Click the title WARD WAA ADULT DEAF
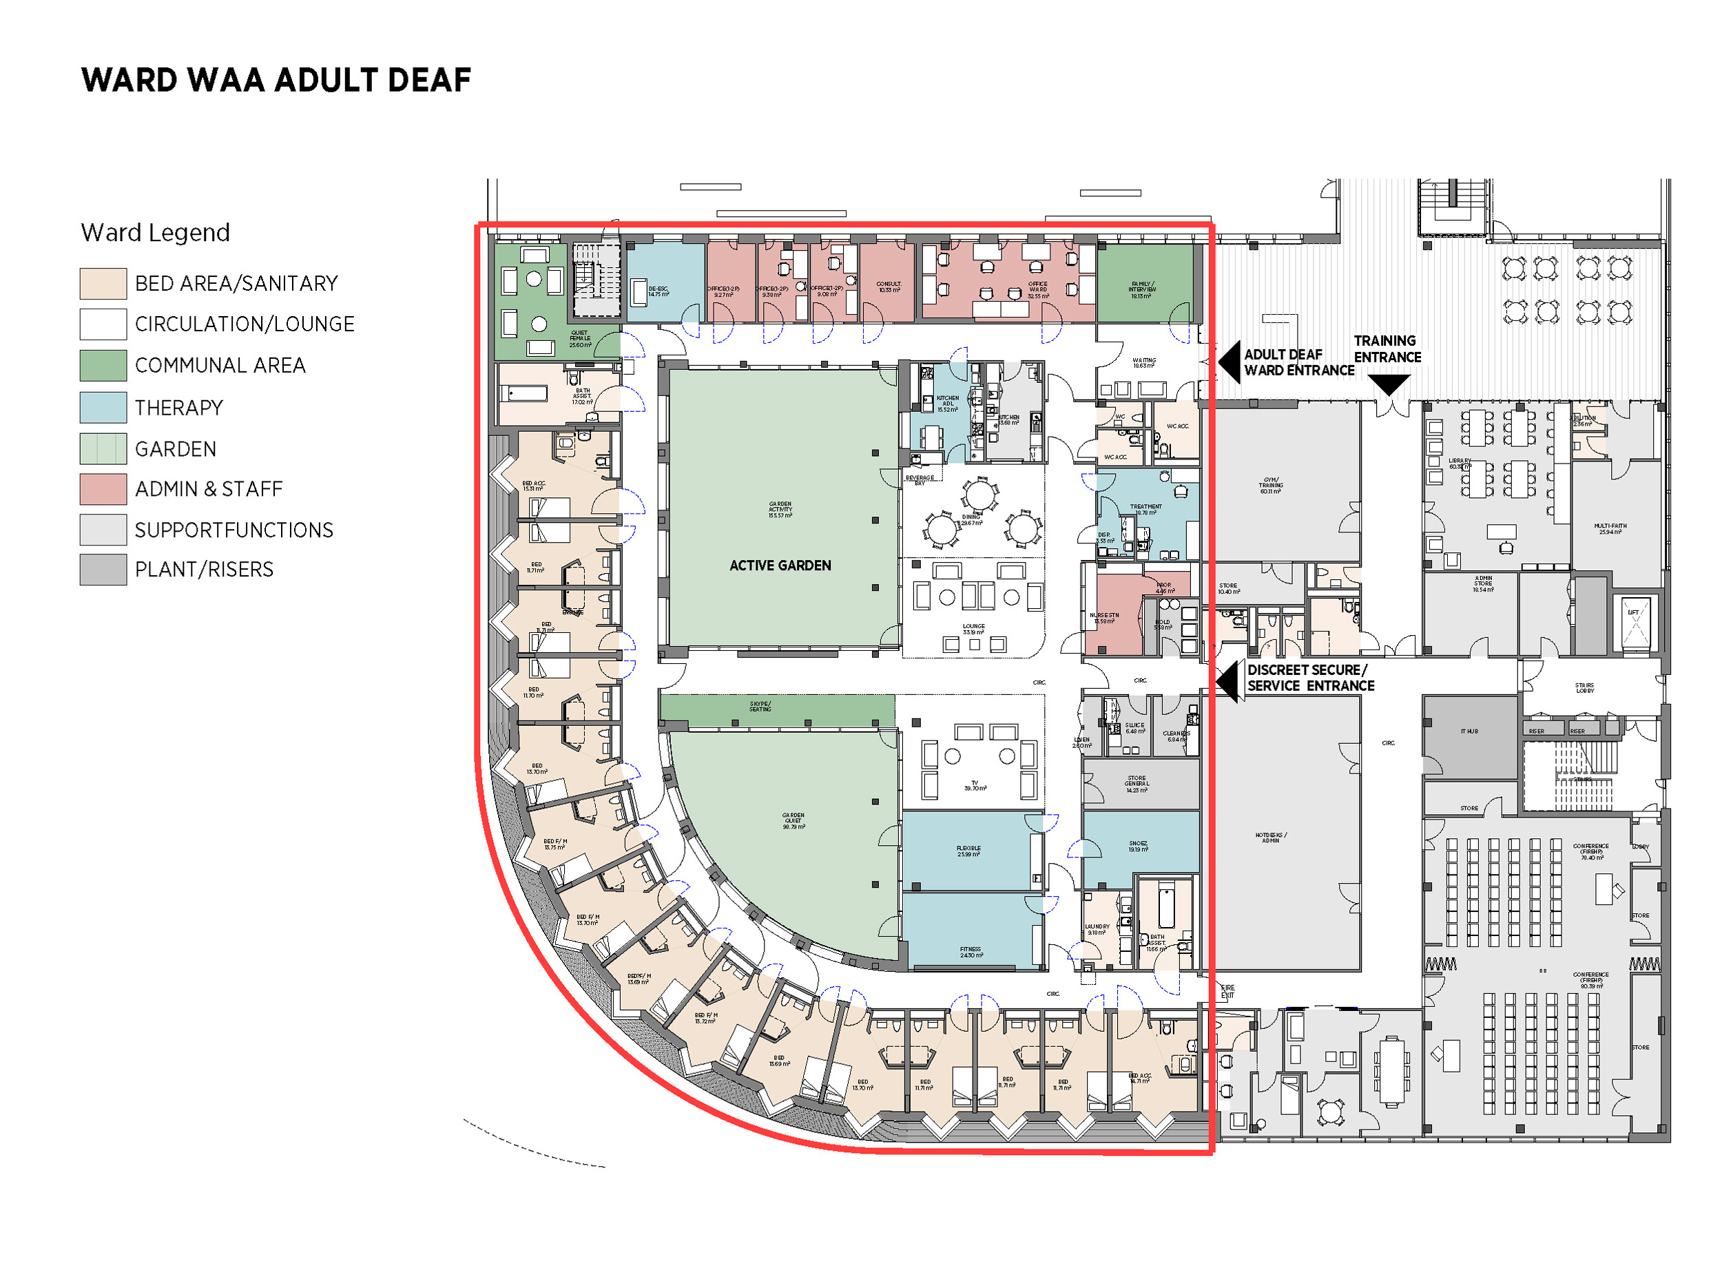click(276, 81)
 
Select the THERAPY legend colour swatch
click(103, 408)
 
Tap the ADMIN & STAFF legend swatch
click(103, 489)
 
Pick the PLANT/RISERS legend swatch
click(103, 570)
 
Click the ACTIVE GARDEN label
click(780, 565)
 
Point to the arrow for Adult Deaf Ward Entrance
click(1229, 362)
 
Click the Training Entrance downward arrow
click(1388, 384)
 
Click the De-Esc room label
click(658, 291)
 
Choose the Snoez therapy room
click(1138, 846)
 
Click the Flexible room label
click(968, 851)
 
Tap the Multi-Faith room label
click(1609, 529)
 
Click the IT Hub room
click(1468, 731)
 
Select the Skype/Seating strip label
click(760, 706)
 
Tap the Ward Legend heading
click(155, 233)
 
